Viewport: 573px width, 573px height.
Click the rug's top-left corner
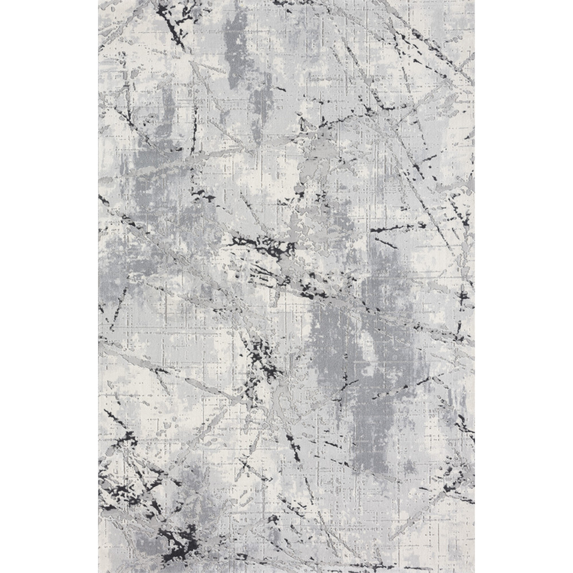coord(99,1)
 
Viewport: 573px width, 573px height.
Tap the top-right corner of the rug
coord(474,1)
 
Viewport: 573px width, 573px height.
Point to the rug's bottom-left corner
coord(99,571)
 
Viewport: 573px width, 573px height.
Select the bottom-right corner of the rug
coord(474,571)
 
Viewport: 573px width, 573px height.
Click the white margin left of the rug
coord(49,286)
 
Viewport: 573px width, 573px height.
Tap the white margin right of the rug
coord(524,286)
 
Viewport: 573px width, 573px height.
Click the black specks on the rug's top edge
coord(286,3)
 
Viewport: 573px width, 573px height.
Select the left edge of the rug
coord(99,286)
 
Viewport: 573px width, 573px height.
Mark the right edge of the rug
coord(474,286)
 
